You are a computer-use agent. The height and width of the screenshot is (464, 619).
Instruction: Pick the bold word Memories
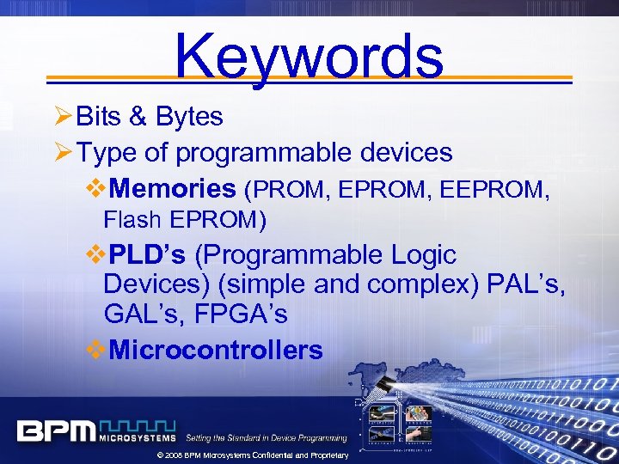[173, 188]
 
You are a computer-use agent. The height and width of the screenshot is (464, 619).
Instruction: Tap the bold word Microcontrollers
[216, 351]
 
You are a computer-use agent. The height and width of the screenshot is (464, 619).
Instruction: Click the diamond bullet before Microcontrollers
[96, 351]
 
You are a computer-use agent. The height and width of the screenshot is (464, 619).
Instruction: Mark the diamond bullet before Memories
[96, 188]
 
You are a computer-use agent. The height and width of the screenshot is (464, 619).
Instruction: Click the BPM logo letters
[56, 430]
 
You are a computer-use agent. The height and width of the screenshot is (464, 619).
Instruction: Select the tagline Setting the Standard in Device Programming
[267, 438]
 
